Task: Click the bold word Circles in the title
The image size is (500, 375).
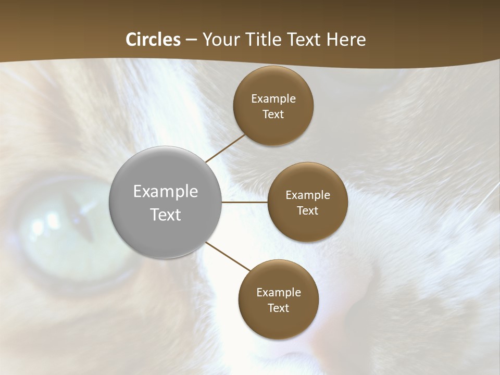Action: [153, 40]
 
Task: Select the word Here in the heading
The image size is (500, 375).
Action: [346, 40]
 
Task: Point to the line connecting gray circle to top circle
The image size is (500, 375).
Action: [226, 148]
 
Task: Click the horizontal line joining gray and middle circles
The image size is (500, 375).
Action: [245, 202]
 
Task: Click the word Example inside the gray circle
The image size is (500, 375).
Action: [166, 192]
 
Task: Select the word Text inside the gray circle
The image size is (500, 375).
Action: [166, 215]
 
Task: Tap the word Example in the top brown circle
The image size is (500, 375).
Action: [273, 99]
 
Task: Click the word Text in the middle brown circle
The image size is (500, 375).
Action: [308, 210]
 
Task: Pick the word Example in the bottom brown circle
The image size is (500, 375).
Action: [279, 292]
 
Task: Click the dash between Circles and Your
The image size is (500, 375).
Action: [191, 40]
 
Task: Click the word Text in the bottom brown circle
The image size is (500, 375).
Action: [279, 308]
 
